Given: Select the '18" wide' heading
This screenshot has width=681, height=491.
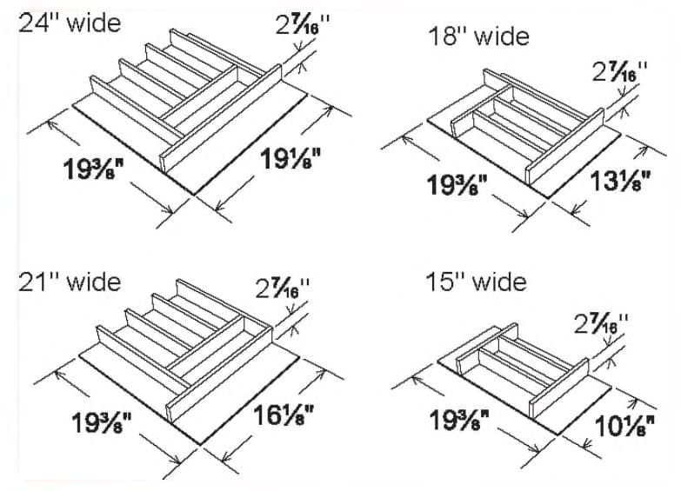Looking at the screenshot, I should pos(478,36).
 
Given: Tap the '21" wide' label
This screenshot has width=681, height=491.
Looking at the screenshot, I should pos(70,282).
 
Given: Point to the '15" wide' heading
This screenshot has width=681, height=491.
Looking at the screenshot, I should pos(476,282).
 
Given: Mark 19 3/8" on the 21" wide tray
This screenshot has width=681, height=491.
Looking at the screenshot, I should pos(102,425).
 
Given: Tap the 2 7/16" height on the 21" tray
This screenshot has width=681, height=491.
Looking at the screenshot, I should pos(282,289).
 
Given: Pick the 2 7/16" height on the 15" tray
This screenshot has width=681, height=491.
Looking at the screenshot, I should pos(601,325).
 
